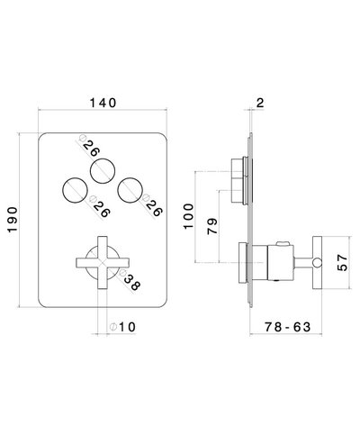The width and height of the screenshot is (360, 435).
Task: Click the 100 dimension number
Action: pos(188,210)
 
